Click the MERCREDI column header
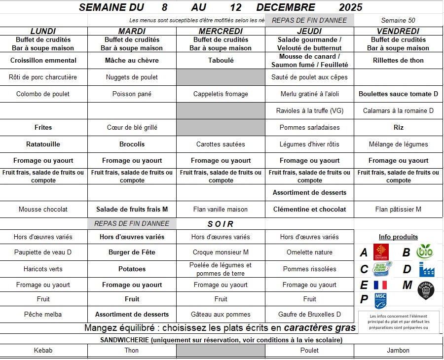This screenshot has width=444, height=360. coord(221,31)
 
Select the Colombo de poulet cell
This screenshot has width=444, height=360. coord(43,94)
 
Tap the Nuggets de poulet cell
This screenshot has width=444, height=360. coord(132,77)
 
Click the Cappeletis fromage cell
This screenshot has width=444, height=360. coord(221,94)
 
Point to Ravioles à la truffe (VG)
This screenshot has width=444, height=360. coord(309,111)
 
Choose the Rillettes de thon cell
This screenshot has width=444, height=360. coord(398,61)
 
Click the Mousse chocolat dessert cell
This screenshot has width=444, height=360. coord(43,210)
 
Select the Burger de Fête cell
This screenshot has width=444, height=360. coord(132,252)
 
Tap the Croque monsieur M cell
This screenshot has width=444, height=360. coord(221,252)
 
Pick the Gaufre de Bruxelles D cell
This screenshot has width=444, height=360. coord(309,315)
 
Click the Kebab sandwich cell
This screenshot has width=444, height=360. coord(43,351)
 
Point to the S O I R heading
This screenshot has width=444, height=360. coord(221,224)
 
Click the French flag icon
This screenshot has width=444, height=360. coord(380,285)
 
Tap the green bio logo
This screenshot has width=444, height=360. coord(425,252)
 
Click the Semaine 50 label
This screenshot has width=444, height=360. coord(398,20)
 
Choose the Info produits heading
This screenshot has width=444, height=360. coord(398,237)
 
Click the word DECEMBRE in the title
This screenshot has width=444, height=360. coord(286,7)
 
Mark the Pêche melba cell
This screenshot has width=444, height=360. coord(43,315)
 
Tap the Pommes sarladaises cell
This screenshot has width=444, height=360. coord(309,128)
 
